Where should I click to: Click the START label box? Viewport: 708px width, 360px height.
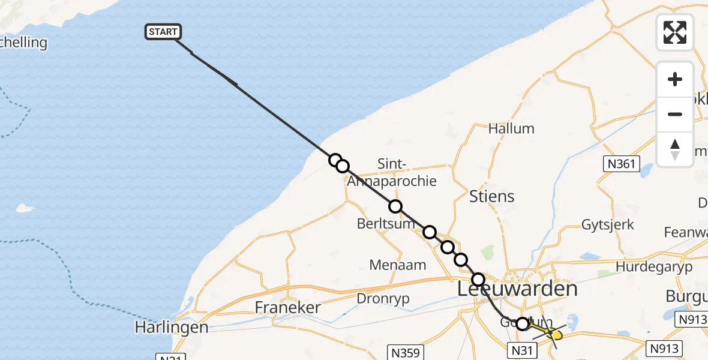click(x=163, y=32)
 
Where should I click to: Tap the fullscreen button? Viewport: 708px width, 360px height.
click(x=675, y=32)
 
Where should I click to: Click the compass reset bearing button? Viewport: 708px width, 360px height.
click(x=675, y=149)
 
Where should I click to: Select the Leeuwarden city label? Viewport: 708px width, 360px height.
click(x=517, y=289)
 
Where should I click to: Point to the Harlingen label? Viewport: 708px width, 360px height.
click(x=172, y=328)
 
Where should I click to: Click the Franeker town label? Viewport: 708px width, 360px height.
click(x=287, y=308)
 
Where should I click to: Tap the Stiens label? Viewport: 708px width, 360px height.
click(x=492, y=196)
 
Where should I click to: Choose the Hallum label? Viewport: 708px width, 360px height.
click(x=511, y=128)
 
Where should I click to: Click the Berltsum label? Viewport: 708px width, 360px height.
click(x=385, y=224)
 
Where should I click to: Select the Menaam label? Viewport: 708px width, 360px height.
click(x=398, y=265)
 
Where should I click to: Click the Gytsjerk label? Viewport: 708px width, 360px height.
click(x=607, y=225)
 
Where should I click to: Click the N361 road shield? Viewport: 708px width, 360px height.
click(x=622, y=163)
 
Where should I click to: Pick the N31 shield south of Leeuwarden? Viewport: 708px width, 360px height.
click(x=520, y=350)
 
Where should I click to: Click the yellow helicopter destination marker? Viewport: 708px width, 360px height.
click(x=556, y=334)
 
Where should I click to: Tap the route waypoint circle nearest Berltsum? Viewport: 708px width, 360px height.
click(x=395, y=206)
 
